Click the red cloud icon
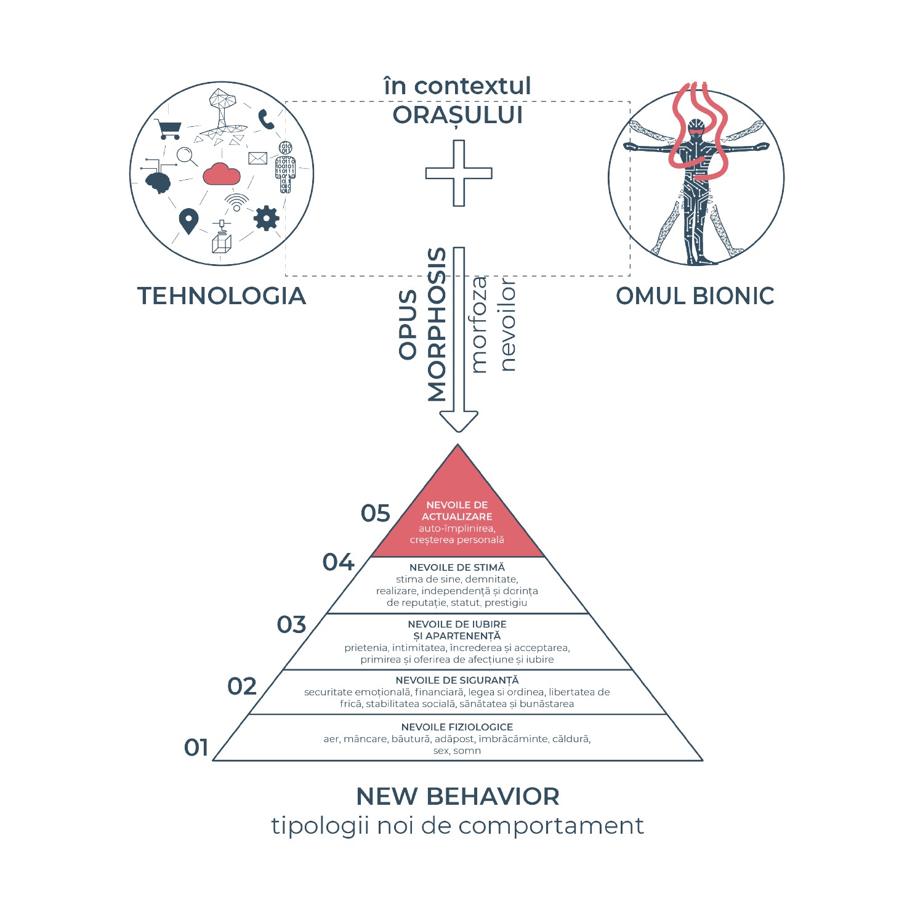221,174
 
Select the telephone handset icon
266,119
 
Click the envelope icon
257,158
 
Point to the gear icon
266,218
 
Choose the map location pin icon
188,221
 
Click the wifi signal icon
236,202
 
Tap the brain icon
158,181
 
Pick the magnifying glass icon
187,156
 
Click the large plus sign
459,173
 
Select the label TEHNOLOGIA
222,296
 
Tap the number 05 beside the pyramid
376,513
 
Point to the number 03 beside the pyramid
291,624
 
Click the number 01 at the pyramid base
196,748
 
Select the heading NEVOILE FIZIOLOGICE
457,727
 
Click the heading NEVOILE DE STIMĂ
457,567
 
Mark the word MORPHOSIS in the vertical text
437,324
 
